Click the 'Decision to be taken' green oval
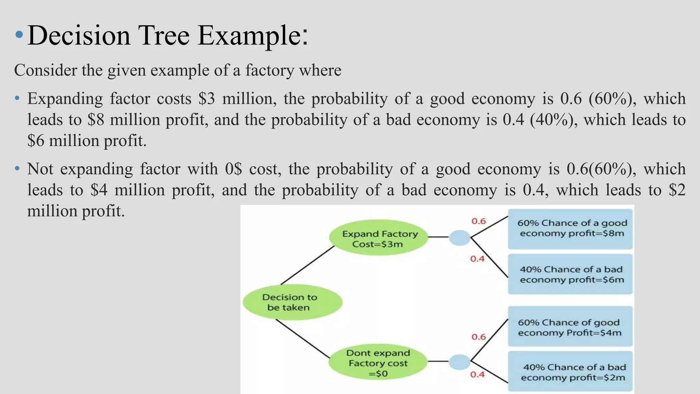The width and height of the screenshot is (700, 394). coord(292,302)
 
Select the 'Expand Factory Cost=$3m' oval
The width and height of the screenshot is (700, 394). coord(379,238)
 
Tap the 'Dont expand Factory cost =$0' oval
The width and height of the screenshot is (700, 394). coord(378,363)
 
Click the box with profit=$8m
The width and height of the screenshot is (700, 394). coord(570,228)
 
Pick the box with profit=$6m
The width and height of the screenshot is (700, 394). coord(570,274)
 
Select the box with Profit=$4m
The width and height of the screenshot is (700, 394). coord(570,327)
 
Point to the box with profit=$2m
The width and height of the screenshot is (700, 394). coord(570,372)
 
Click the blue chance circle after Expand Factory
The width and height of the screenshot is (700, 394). coord(459,238)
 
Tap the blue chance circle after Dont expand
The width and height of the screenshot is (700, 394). coord(459,362)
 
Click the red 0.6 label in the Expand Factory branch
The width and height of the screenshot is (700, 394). coord(479,221)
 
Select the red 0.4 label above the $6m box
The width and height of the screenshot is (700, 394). coord(477,259)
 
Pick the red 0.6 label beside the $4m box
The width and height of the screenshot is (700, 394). coord(479,337)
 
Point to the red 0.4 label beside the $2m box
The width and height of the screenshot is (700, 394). coord(477,375)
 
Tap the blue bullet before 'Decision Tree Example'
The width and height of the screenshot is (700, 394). coord(19,35)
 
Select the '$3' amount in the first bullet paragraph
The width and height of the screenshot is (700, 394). coord(206,99)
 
